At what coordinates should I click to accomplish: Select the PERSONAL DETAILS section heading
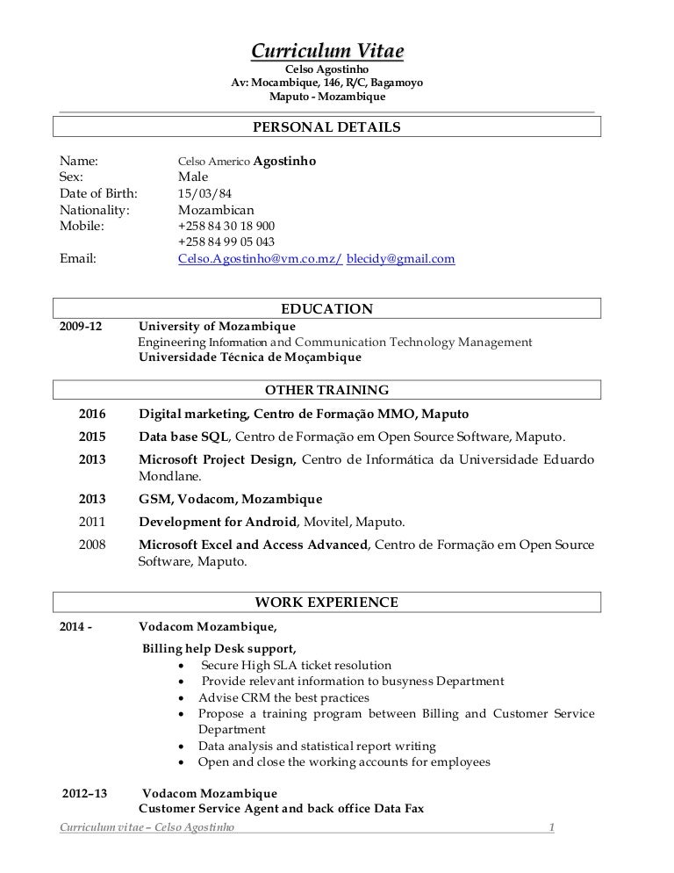326,127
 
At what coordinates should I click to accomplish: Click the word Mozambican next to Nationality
215,210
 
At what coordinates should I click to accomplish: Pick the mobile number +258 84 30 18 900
226,226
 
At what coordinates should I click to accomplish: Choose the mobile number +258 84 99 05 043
226,242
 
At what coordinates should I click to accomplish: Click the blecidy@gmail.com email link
401,259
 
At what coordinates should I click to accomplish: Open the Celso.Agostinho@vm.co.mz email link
259,259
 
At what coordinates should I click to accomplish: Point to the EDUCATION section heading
326,309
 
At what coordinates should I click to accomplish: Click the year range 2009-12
81,326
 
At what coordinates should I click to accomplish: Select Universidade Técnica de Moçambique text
249,357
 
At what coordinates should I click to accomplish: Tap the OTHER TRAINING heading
326,390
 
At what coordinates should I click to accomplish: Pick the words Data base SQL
184,436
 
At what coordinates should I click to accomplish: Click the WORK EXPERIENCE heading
326,602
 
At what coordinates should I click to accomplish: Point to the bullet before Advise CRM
180,698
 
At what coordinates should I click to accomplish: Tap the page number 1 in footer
551,827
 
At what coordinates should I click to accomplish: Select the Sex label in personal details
71,177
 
